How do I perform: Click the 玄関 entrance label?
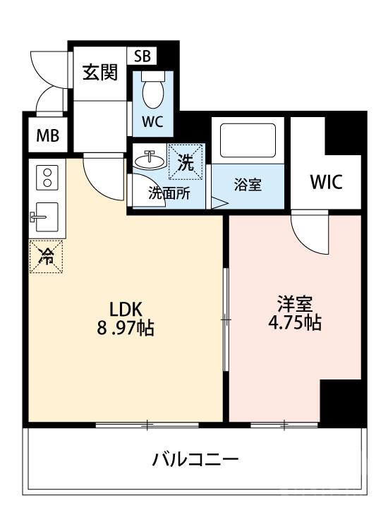click(99, 73)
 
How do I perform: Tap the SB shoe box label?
click(143, 56)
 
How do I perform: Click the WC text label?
click(152, 121)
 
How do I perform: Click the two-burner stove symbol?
click(47, 176)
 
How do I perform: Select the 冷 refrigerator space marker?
click(47, 256)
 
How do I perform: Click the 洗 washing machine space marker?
click(186, 163)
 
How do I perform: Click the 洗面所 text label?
click(168, 194)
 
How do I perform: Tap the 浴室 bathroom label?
click(248, 186)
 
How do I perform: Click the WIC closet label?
click(326, 182)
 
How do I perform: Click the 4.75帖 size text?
click(295, 324)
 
